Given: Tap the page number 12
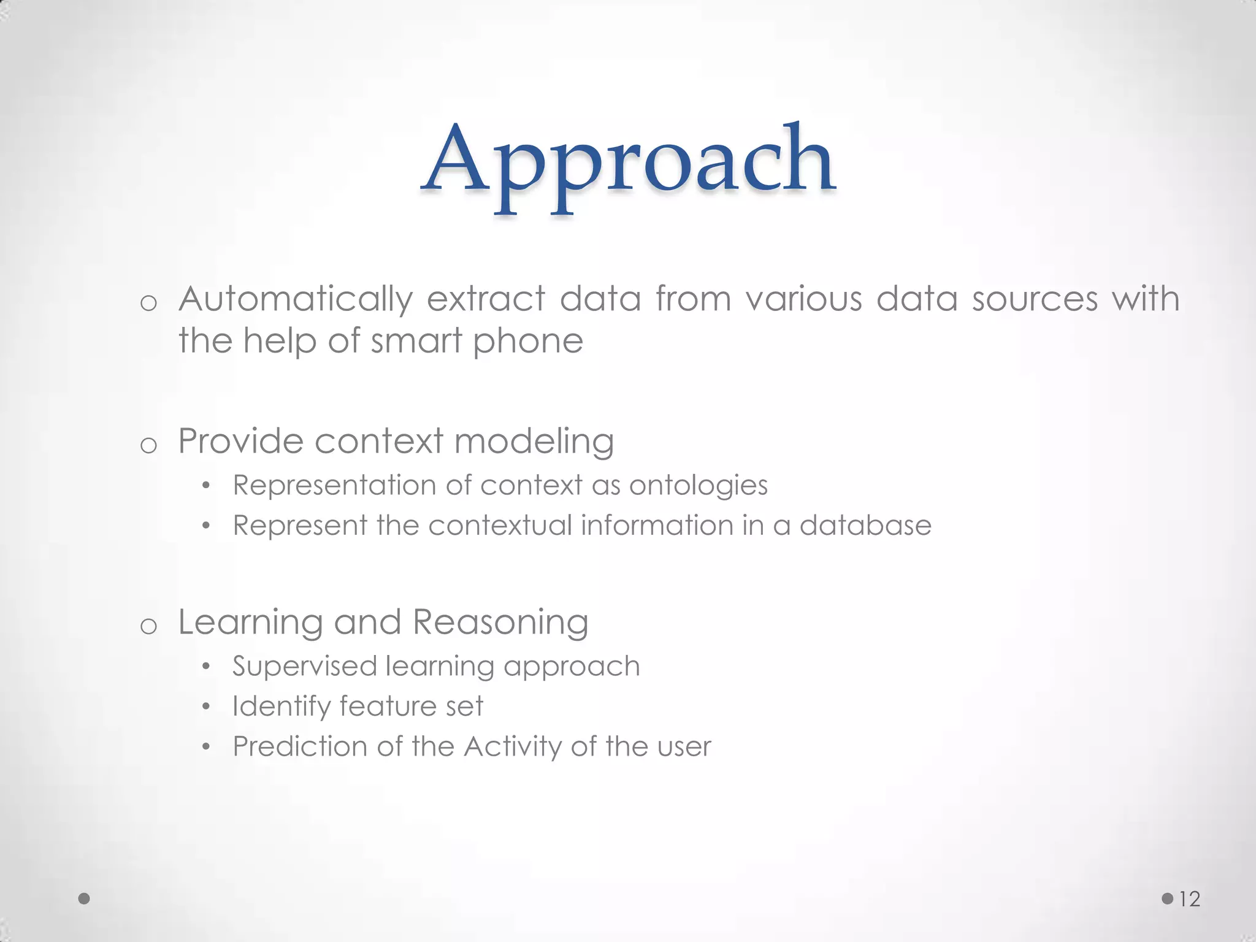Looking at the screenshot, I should pyautogui.click(x=1190, y=899).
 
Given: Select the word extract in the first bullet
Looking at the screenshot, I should pyautogui.click(x=485, y=299).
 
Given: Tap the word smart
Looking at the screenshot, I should pyautogui.click(x=416, y=342).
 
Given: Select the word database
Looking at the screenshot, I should pyautogui.click(x=865, y=526).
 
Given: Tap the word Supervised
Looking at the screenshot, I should pyautogui.click(x=304, y=667).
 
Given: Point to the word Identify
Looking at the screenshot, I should pyautogui.click(x=281, y=706).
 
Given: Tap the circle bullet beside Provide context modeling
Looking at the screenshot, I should pyautogui.click(x=148, y=445).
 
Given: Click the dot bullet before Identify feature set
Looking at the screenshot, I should pyautogui.click(x=206, y=707).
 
